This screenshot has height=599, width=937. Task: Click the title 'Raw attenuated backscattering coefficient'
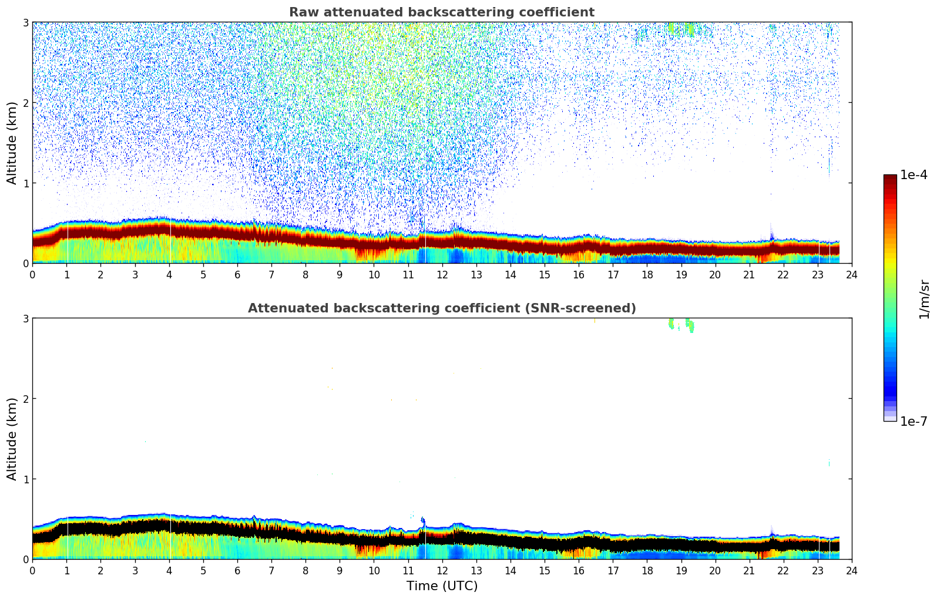tap(441, 12)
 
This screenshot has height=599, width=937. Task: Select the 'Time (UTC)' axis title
tap(442, 585)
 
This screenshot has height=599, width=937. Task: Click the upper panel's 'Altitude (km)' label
tap(12, 143)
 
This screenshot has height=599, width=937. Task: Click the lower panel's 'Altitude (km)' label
tap(12, 439)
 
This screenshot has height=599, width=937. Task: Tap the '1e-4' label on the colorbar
tap(914, 175)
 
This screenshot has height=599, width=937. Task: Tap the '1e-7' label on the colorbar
tap(914, 421)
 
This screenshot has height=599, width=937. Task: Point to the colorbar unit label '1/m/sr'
tap(924, 298)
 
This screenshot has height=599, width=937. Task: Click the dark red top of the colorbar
tap(890, 179)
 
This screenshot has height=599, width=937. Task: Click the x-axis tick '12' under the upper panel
tap(442, 274)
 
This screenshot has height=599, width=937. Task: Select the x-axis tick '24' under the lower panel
tap(852, 570)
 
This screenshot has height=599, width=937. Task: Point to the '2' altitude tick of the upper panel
tap(25, 103)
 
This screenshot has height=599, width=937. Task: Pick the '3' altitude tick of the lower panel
tap(25, 318)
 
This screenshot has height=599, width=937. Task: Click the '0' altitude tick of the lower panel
tap(25, 559)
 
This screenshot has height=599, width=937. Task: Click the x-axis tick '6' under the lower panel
tap(237, 570)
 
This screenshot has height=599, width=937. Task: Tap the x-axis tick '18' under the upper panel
tap(647, 274)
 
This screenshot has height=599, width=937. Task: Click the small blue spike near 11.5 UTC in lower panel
tap(423, 521)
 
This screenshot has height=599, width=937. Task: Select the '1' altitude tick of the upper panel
tap(25, 183)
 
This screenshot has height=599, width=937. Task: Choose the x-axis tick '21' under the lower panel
tap(749, 570)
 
